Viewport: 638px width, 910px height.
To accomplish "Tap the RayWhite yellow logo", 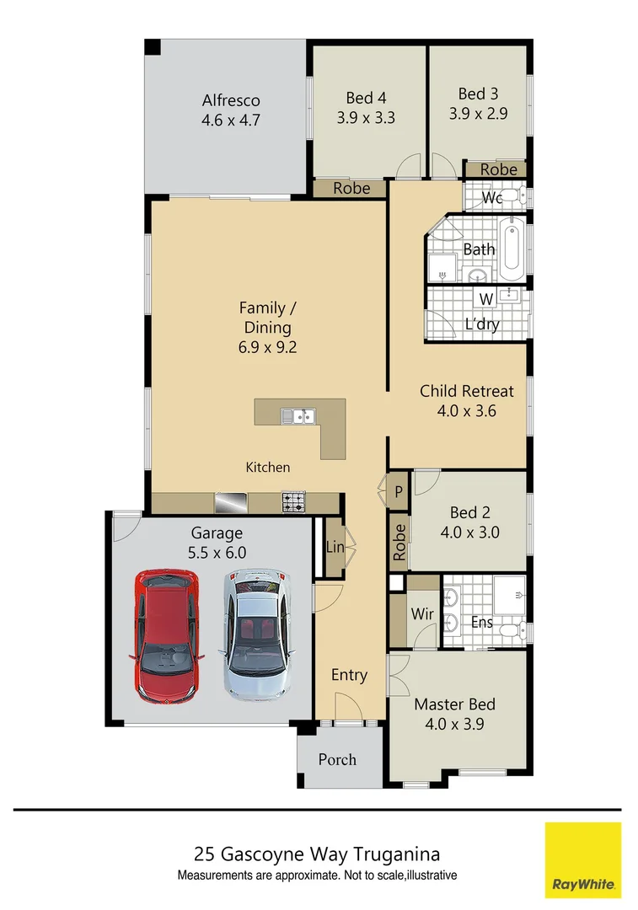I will [x=582, y=860].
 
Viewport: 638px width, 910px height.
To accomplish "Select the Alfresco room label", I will [x=230, y=99].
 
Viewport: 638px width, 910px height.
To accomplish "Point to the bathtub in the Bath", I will [x=512, y=249].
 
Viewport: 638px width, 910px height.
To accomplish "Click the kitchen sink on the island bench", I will [x=298, y=415].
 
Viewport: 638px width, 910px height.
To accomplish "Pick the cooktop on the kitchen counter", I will [x=294, y=503].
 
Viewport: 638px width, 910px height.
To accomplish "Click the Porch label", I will [x=337, y=759].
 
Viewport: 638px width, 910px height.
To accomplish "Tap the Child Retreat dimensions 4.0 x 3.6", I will [x=466, y=412].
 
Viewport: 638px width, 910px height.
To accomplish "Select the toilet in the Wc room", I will [x=522, y=198].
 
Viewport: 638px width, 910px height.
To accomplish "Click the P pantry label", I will [x=399, y=491].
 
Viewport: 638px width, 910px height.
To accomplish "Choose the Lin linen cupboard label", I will [x=335, y=548].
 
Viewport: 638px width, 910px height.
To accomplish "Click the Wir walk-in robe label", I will [x=422, y=614].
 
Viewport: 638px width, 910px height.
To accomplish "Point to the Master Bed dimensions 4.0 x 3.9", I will [x=454, y=723].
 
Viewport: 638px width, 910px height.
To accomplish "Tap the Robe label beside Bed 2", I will [x=399, y=542].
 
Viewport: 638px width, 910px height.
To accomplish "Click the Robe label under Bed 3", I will [x=498, y=169].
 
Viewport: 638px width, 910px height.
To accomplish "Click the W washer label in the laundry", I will [x=486, y=299].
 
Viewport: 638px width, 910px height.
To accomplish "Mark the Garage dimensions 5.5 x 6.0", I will [x=217, y=554].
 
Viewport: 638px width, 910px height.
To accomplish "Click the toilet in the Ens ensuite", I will [x=511, y=629].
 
